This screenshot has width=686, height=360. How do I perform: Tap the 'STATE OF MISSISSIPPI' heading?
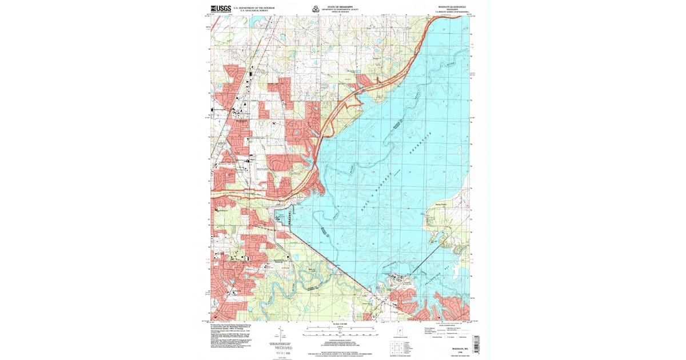pos(337,6)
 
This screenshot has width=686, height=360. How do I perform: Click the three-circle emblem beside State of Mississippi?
pos(314,9)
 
